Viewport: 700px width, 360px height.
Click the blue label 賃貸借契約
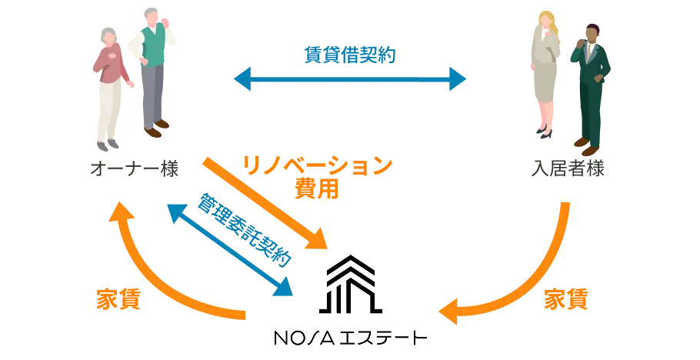coord(350,55)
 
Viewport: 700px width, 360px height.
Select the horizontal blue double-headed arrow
coord(350,78)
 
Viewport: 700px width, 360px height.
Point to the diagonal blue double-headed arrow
coord(230,245)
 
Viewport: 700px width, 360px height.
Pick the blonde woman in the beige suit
coord(545,73)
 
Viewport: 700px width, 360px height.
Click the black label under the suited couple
coord(569,168)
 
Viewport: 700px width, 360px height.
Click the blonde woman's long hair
coord(545,23)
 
